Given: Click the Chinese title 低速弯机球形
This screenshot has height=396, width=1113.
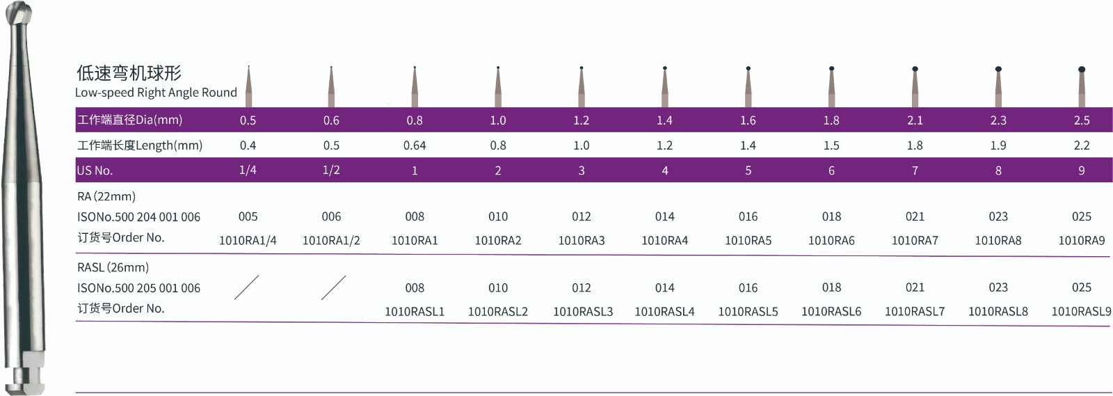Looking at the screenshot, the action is [x=129, y=73].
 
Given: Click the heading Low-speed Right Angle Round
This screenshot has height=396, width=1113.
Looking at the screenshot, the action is [x=156, y=93].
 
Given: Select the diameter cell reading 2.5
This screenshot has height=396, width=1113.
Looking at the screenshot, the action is [x=1081, y=120].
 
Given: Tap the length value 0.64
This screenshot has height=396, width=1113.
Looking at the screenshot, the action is [x=415, y=145].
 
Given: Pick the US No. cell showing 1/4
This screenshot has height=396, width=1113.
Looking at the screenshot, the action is [x=248, y=171].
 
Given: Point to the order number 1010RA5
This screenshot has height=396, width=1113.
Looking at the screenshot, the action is [x=748, y=241].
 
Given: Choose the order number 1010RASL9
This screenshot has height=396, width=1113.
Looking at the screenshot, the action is [x=1081, y=312].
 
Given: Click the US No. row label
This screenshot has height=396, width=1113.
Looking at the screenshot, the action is [x=95, y=171].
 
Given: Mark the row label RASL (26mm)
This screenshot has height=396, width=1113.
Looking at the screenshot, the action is [x=113, y=267].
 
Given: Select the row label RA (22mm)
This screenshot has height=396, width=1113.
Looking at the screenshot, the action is [x=106, y=196].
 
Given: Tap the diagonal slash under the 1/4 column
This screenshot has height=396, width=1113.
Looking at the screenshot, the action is [x=246, y=287].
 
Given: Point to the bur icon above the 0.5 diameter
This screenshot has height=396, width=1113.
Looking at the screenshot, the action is [x=248, y=86].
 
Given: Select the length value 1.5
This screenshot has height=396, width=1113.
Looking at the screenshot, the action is [x=831, y=145].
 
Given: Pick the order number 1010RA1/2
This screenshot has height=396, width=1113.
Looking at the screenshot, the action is [x=331, y=241].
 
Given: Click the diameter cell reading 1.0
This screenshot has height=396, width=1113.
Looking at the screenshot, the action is [x=498, y=120].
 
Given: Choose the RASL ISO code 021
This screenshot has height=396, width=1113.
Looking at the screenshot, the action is [x=915, y=287].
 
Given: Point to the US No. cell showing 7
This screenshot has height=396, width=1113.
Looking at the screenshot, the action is [x=915, y=171].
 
